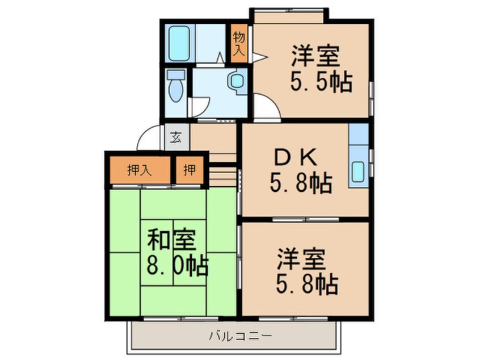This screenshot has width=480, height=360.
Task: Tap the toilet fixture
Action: point(176,86)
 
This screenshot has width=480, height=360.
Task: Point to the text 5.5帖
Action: point(321,83)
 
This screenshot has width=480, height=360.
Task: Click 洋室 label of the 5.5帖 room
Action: point(315,57)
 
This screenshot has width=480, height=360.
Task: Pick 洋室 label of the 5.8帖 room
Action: point(301,261)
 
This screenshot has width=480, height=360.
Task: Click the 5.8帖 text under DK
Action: point(300,183)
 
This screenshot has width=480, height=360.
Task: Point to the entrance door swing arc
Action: point(149,136)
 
